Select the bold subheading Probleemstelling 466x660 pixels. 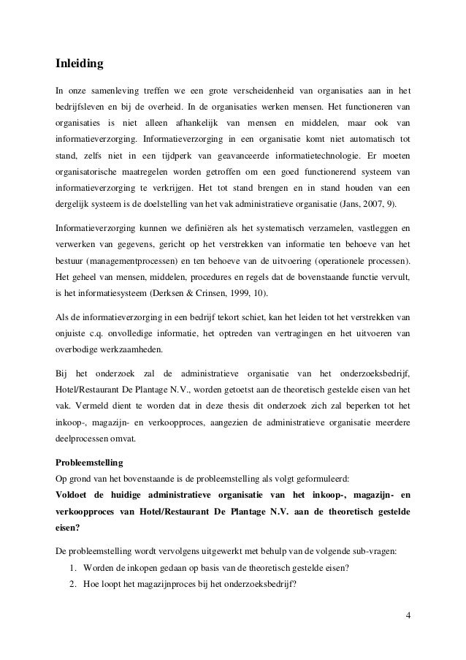[x=91, y=463]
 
